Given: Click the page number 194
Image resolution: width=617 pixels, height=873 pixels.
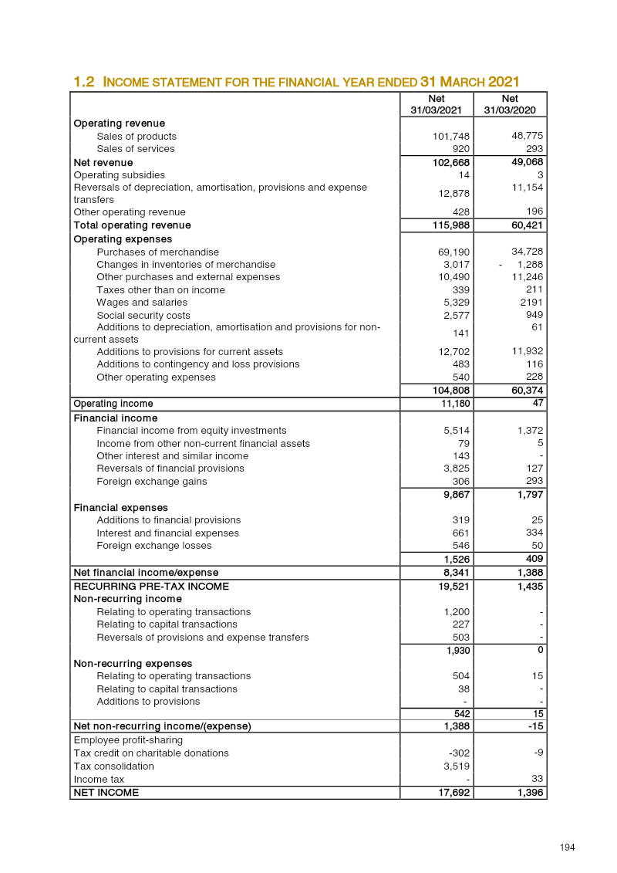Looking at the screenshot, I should [568, 848].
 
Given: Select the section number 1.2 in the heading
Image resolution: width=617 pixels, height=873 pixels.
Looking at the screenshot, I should [83, 82].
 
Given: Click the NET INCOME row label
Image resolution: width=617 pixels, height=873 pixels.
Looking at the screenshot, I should [106, 792].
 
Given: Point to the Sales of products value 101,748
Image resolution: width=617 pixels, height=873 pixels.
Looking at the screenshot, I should [451, 137].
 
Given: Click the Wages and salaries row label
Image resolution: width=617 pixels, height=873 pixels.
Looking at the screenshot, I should [142, 303].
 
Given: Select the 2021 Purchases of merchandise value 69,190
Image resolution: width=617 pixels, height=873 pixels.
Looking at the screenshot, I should [453, 252].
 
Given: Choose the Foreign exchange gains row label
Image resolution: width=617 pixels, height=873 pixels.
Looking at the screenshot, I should [152, 482].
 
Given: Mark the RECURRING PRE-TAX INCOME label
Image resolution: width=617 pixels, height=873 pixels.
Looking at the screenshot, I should [151, 587].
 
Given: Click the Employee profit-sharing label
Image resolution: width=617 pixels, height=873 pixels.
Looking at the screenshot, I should [128, 740].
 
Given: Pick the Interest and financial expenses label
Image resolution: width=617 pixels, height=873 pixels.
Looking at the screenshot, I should [167, 533].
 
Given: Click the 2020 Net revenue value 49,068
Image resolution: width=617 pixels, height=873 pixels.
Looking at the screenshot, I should [528, 162].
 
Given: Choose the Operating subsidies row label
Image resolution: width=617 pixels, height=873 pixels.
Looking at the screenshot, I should [119, 175].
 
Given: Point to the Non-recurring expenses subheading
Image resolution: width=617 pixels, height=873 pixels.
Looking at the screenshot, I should [133, 663].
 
